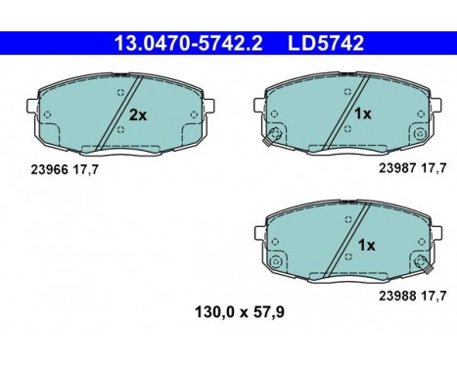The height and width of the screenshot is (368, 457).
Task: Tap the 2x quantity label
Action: [139, 115]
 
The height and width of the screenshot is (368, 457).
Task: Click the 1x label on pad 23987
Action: [362, 114]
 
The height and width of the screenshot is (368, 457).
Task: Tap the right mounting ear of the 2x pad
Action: [208, 102]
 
